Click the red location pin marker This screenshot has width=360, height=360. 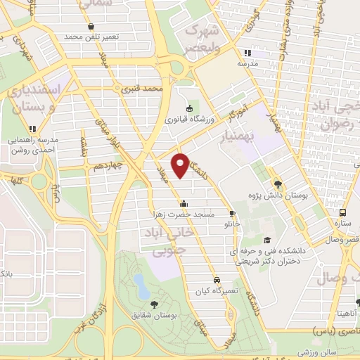point(181,165)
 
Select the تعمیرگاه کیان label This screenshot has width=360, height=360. point(217,290)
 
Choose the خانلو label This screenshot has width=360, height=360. point(232,224)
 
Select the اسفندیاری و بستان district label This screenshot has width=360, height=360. point(34,98)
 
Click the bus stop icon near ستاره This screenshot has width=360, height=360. point(343,213)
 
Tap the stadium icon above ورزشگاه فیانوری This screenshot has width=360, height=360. point(188,108)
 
